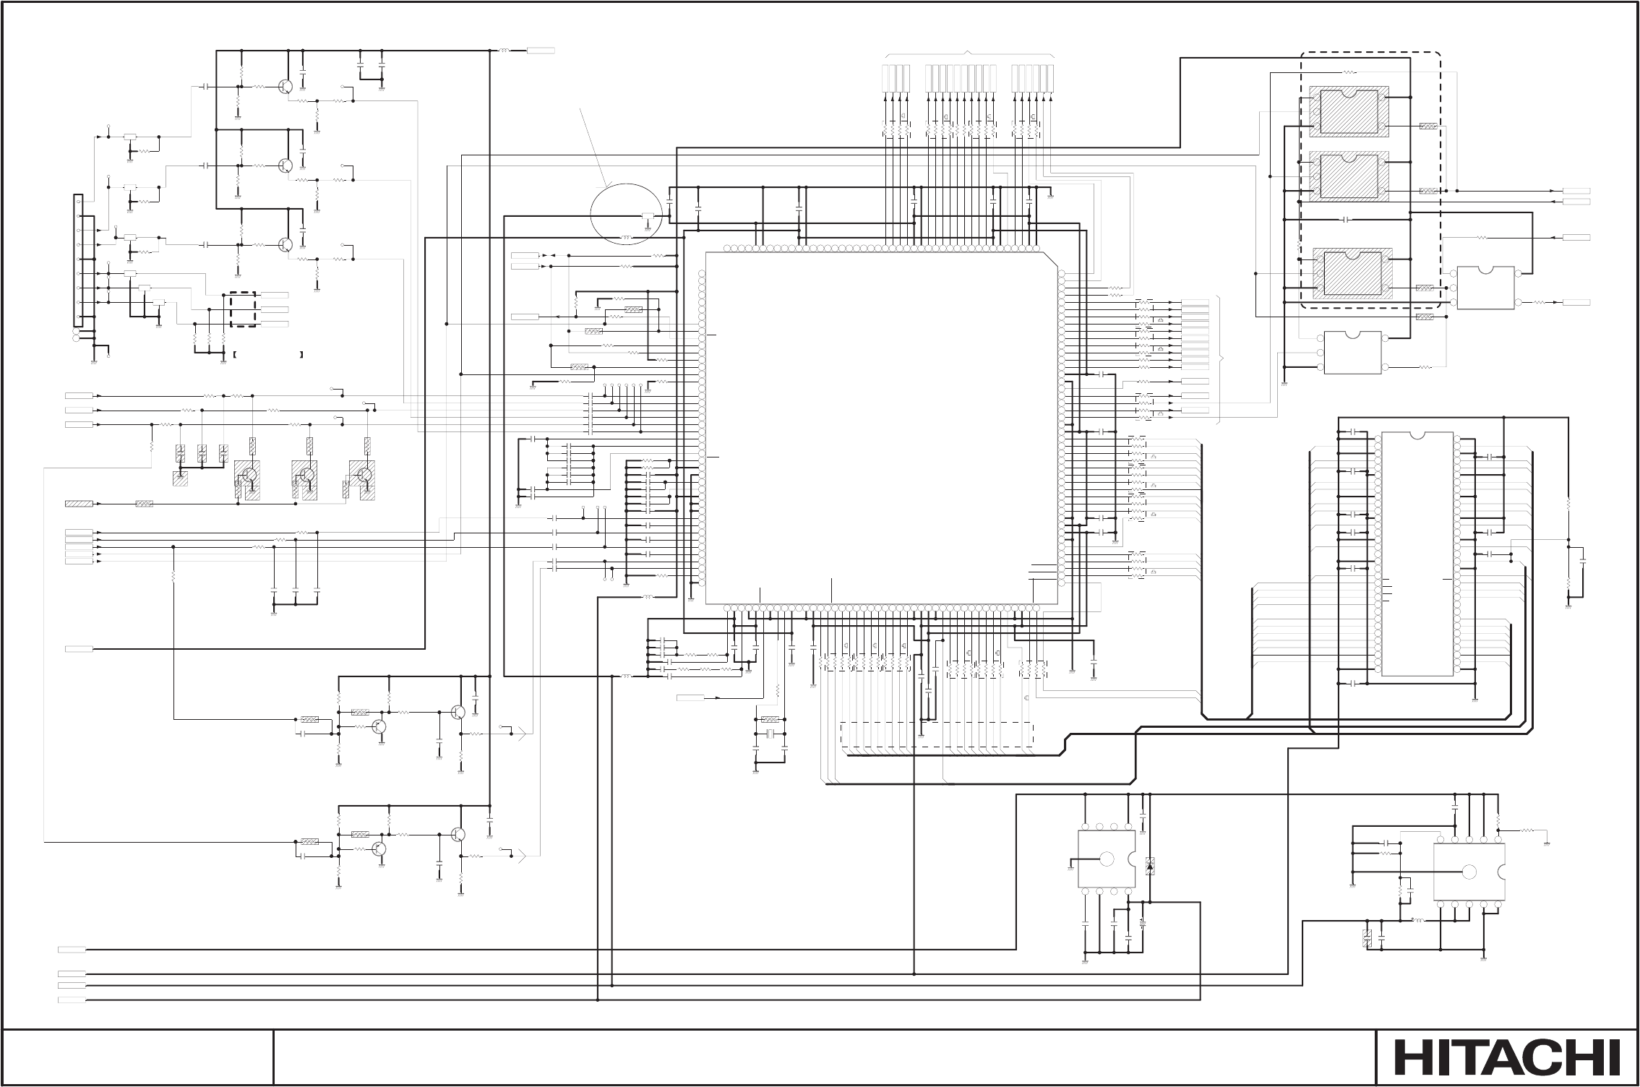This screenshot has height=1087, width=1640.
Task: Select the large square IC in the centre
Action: point(878,428)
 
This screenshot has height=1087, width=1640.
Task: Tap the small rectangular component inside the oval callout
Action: point(648,216)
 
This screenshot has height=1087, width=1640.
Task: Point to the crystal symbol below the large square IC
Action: point(770,734)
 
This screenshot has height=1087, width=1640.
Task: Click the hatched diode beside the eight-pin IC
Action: point(1149,866)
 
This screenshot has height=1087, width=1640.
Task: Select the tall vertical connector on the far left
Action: point(77,259)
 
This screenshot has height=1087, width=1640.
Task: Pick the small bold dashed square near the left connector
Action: point(243,309)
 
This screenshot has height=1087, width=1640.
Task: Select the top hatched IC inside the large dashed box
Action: point(1349,111)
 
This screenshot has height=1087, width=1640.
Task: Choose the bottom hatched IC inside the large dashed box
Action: point(1351,273)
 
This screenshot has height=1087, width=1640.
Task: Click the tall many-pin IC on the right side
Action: point(1417,554)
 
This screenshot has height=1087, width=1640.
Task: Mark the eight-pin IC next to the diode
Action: point(1107,859)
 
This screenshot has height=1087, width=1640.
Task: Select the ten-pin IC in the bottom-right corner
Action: point(1469,872)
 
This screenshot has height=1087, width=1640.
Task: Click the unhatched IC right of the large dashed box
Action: point(1485,288)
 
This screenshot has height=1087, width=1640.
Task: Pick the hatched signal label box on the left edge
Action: point(79,504)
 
